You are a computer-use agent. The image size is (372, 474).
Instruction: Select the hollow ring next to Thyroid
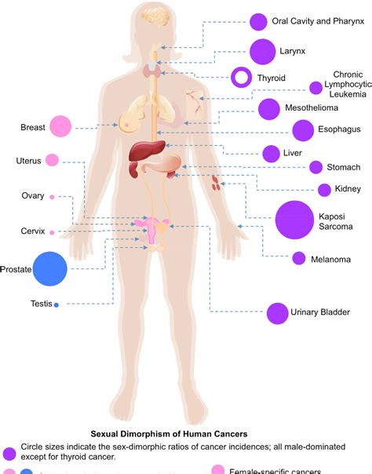coord(242,78)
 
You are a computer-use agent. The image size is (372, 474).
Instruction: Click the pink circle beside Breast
coord(60,126)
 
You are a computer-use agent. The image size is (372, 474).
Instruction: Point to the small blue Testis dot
coord(57,304)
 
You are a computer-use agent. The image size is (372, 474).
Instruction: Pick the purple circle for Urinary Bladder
coord(276,313)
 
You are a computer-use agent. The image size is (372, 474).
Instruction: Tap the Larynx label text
coord(292,52)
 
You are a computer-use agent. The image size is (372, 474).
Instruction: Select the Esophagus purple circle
coord(302,130)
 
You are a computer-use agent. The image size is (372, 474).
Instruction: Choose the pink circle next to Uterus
coord(52,160)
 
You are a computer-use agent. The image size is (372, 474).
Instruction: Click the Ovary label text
coord(32,196)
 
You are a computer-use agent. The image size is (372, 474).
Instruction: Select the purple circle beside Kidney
coord(323,189)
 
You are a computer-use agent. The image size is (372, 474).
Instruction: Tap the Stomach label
coord(345,167)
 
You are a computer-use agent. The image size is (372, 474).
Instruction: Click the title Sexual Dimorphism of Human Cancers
coord(169,432)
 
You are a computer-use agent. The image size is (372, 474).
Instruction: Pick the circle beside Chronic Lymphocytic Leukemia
coord(315,88)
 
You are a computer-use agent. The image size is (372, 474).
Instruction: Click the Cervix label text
coord(32,232)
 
